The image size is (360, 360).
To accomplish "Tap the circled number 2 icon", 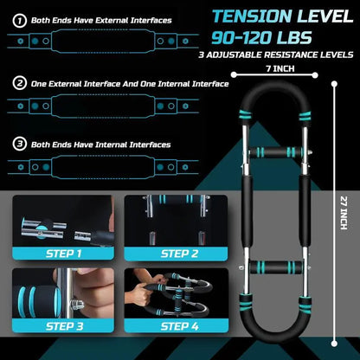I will [18, 84].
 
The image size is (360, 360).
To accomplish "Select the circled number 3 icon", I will [18, 145].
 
